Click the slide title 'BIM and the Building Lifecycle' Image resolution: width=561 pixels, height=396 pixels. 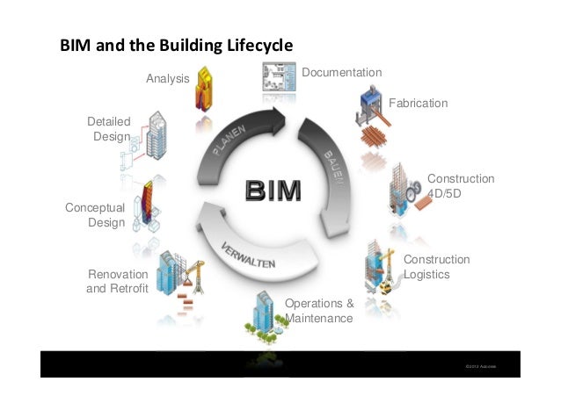[175, 45]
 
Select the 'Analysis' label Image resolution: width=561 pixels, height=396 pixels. [167, 79]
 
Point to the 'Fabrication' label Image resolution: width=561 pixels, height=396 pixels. [418, 104]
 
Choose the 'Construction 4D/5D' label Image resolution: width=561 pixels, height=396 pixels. [460, 185]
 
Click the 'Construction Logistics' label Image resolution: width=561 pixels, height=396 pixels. [436, 267]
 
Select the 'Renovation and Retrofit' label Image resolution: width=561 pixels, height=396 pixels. [116, 282]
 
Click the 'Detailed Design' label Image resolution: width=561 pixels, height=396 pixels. [109, 129]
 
